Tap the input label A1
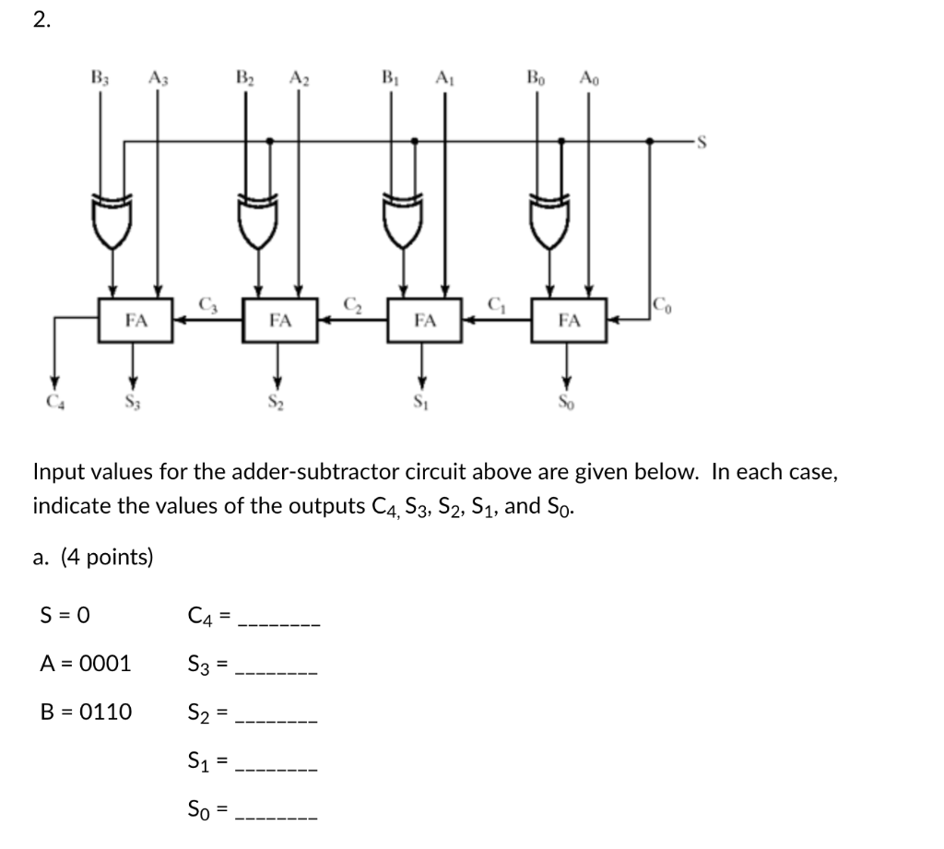point(444,77)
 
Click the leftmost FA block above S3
point(135,321)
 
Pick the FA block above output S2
point(279,321)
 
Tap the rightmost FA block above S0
point(569,321)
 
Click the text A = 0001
point(86,663)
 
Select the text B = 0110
point(86,712)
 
